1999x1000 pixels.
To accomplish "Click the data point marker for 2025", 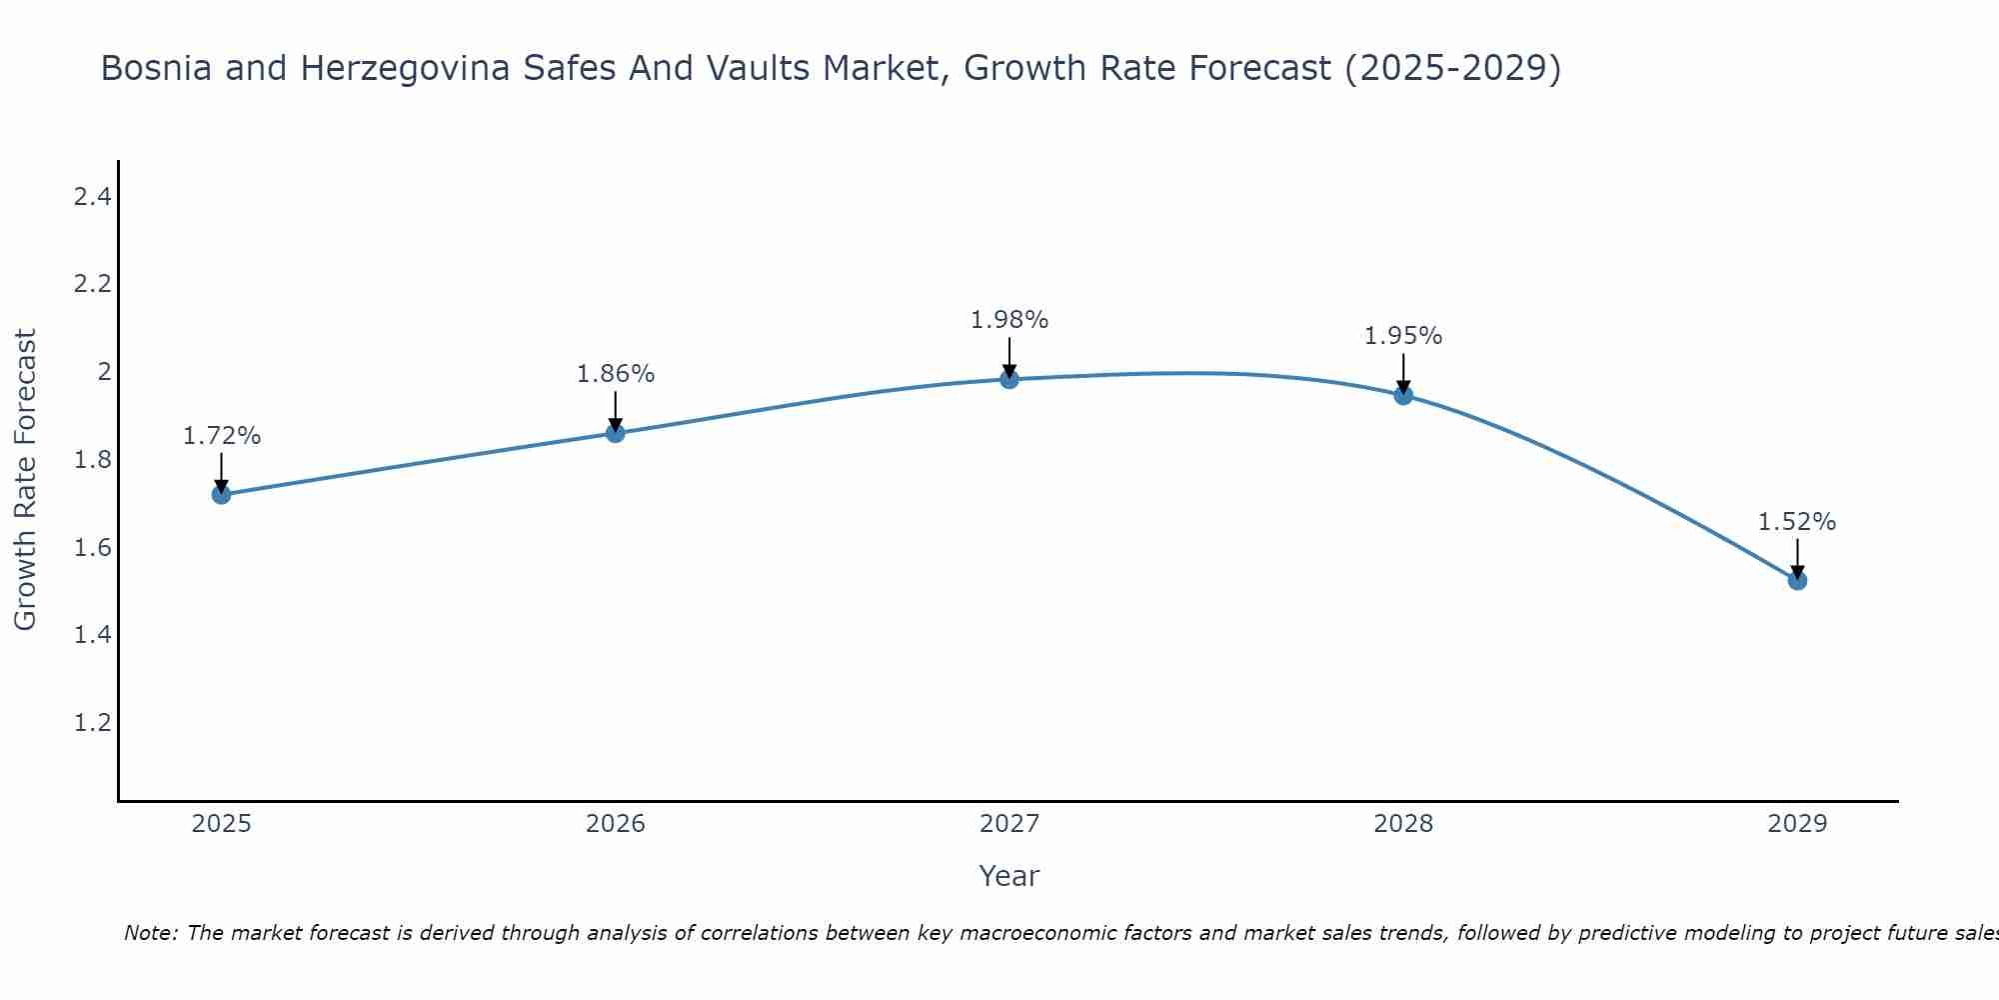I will tap(221, 494).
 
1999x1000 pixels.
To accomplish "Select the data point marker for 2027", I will tap(1008, 379).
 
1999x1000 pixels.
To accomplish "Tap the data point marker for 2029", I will tap(1797, 580).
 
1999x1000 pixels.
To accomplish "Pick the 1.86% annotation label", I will tap(616, 374).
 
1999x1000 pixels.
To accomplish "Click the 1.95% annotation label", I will tap(1403, 336).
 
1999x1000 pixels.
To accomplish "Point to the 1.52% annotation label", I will tap(1797, 522).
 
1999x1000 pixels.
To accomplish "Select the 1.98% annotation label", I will tap(1009, 320).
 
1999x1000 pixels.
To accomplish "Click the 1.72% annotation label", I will tap(222, 436).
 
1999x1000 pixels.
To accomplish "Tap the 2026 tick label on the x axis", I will tap(616, 824).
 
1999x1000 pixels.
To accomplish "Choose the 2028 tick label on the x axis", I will tap(1403, 824).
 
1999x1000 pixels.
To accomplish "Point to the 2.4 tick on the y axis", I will tap(92, 197).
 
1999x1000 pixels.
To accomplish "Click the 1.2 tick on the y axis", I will tap(92, 722).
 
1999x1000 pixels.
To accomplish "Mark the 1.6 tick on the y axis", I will tap(92, 547).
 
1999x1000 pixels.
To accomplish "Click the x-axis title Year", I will tap(1008, 876).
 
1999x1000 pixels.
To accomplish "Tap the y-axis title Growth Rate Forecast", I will tap(26, 479).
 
